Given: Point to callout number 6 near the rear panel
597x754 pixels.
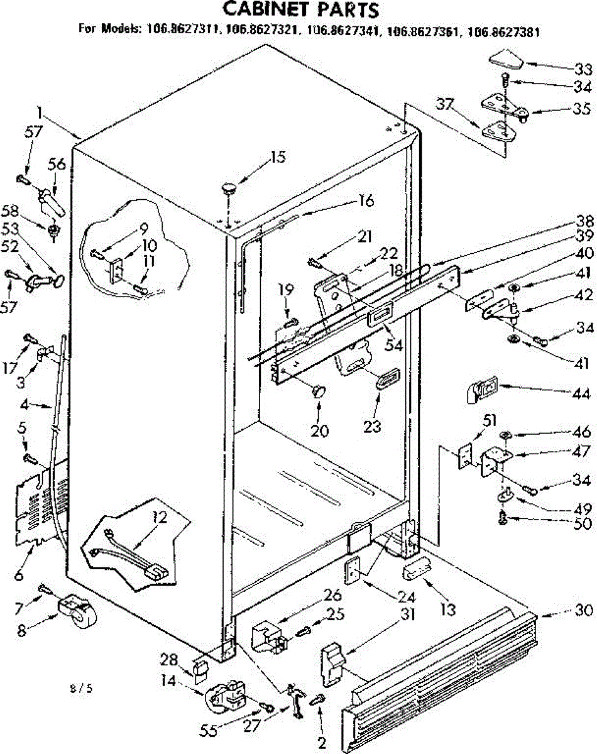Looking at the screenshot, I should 19,559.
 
